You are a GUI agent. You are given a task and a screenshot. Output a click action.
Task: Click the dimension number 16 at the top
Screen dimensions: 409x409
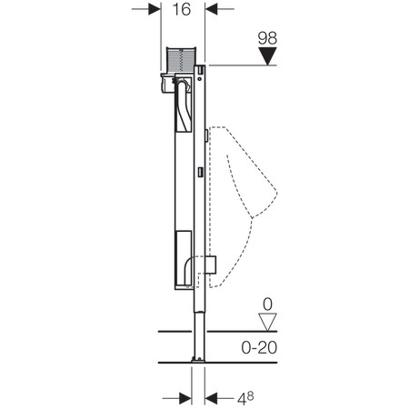point(182,9)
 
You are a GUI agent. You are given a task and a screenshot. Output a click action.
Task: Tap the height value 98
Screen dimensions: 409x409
point(267,38)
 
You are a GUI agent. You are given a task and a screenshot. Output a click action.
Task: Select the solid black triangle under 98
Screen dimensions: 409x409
point(267,56)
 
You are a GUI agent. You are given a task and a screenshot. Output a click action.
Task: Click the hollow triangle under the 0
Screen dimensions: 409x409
point(267,323)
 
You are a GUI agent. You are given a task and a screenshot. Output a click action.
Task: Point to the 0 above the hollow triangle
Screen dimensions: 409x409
point(267,304)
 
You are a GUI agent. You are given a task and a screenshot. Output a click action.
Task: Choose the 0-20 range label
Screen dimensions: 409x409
point(259,347)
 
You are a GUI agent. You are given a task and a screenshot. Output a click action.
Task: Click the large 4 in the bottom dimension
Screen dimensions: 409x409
point(242,399)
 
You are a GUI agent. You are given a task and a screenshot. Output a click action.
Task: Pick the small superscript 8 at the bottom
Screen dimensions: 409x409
point(250,395)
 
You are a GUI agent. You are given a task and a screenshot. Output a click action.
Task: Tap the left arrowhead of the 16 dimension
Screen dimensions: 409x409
point(155,9)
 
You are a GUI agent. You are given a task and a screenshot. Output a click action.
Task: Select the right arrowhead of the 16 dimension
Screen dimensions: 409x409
point(211,9)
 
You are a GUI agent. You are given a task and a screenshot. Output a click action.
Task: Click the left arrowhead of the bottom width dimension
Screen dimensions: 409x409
point(185,398)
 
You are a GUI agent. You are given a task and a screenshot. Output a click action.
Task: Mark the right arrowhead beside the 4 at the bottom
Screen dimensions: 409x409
point(211,398)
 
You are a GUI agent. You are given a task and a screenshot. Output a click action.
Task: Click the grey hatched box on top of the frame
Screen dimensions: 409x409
point(181,60)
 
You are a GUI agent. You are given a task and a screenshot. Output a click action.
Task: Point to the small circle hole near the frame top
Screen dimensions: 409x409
point(199,79)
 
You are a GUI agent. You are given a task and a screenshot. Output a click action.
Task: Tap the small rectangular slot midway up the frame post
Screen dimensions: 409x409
point(200,172)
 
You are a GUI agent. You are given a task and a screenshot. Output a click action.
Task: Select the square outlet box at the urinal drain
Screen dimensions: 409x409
point(211,264)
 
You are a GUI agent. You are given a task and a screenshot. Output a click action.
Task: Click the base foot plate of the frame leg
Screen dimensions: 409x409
point(198,360)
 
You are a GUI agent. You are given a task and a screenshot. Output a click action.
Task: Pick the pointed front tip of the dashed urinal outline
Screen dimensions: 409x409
point(276,193)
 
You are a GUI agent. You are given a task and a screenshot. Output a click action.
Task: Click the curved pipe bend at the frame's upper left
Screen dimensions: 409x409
point(181,88)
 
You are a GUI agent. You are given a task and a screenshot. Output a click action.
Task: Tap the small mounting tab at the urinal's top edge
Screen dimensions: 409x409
point(206,135)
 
